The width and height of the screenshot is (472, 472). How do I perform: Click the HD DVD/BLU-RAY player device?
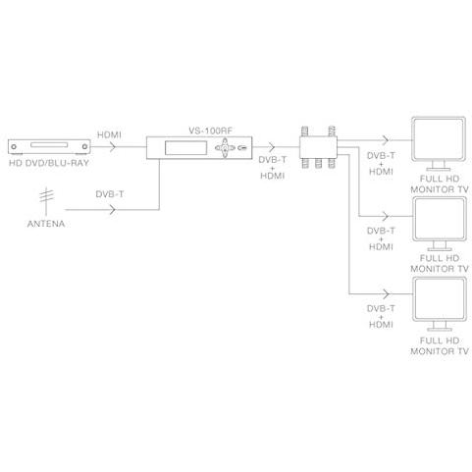pyautogui.click(x=49, y=147)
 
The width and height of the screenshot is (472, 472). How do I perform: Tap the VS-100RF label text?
pyautogui.click(x=210, y=131)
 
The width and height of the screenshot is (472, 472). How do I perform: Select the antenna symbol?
pyautogui.click(x=46, y=200)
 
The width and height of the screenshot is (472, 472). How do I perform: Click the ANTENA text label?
pyautogui.click(x=46, y=224)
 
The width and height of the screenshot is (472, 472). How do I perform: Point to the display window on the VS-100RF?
pyautogui.click(x=185, y=148)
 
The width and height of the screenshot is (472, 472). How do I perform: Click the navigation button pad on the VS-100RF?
pyautogui.click(x=225, y=148)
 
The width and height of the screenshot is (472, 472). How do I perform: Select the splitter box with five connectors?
pyautogui.click(x=318, y=147)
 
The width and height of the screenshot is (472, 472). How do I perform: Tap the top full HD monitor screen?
pyautogui.click(x=439, y=139)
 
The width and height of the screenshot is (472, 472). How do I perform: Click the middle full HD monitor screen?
pyautogui.click(x=439, y=219)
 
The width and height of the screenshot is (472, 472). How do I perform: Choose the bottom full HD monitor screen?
pyautogui.click(x=439, y=299)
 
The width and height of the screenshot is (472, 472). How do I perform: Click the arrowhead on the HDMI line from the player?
pyautogui.click(x=113, y=147)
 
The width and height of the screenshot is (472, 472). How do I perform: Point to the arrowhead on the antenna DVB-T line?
pyautogui.click(x=113, y=209)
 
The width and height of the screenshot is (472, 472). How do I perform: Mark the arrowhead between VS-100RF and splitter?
pyautogui.click(x=271, y=147)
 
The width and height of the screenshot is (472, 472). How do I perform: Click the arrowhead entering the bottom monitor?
pyautogui.click(x=387, y=293)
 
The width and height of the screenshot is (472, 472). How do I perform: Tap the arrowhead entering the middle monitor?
pyautogui.click(x=387, y=216)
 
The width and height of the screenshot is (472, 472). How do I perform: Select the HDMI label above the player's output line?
pyautogui.click(x=109, y=134)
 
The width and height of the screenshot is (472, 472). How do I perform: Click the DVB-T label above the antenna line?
pyautogui.click(x=110, y=194)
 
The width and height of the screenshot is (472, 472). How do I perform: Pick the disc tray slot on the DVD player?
pyautogui.click(x=49, y=144)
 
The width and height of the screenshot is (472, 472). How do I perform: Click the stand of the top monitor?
pyautogui.click(x=439, y=166)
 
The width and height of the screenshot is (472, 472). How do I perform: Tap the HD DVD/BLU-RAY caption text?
pyautogui.click(x=49, y=163)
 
